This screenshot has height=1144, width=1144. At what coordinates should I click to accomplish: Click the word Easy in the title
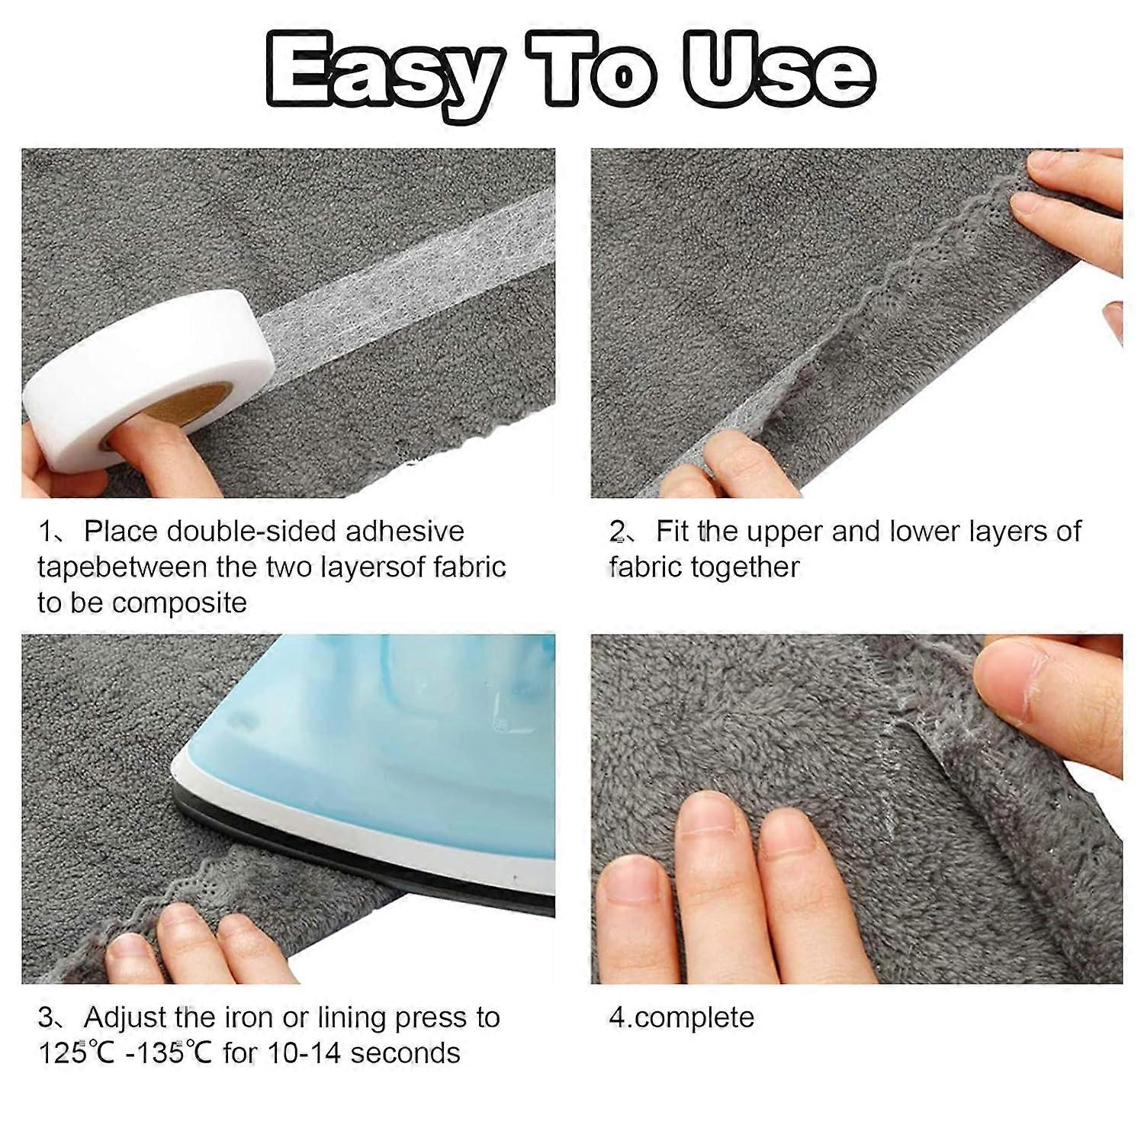381,70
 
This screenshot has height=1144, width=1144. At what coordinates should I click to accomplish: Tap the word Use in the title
778,70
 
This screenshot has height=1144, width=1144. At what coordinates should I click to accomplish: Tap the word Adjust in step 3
125,1017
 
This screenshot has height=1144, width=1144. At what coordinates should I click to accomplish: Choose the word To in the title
603,70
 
